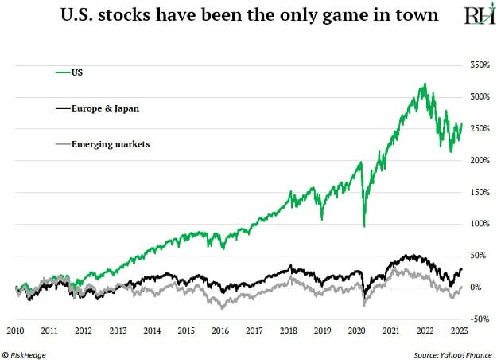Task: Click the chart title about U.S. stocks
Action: click(x=239, y=15)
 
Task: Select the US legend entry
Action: click(x=76, y=72)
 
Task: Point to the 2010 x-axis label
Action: click(x=16, y=330)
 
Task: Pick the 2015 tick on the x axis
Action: click(x=185, y=330)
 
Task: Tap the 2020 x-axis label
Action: click(x=355, y=330)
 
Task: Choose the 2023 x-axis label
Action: click(x=458, y=330)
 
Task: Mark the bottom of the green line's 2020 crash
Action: click(x=363, y=226)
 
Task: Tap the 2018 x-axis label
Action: click(x=288, y=330)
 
